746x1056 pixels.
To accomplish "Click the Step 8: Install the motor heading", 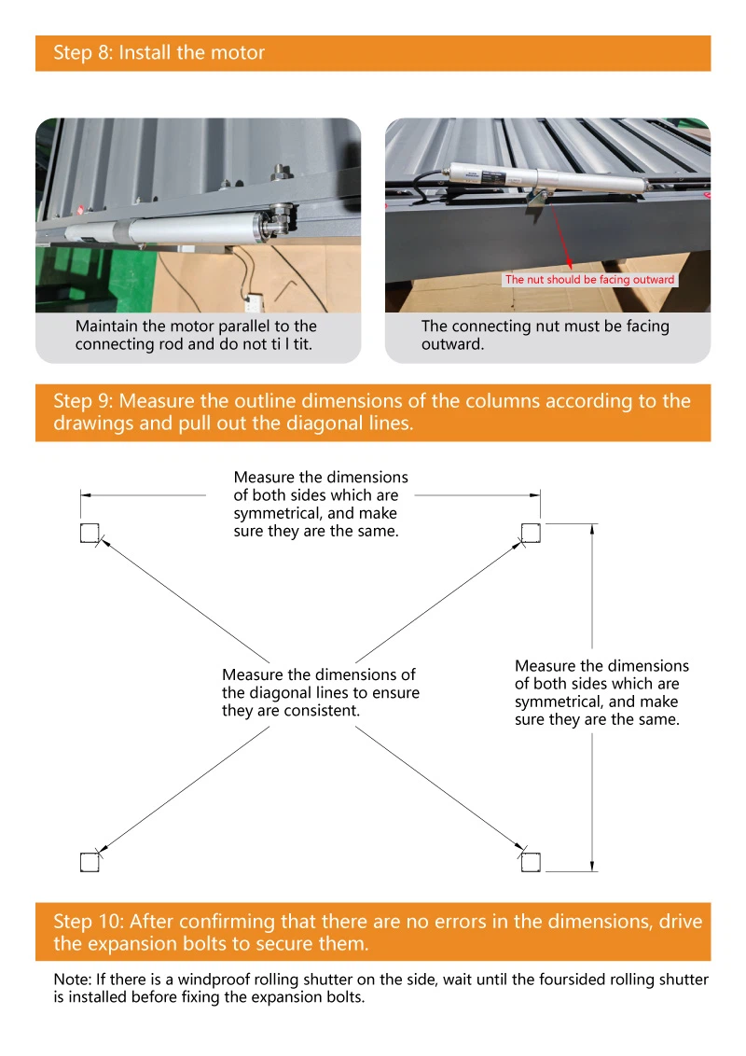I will tap(159, 53).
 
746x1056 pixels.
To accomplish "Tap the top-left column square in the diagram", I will tap(89, 533).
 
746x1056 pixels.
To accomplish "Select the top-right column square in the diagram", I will tap(531, 533).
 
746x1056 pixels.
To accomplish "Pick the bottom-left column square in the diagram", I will tap(89, 863).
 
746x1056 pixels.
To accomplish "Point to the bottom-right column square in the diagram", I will tap(531, 863).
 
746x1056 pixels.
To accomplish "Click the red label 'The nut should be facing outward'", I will tap(590, 280).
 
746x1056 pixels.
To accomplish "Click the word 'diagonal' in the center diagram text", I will tap(277, 693).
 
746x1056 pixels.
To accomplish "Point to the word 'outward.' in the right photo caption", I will tap(452, 344).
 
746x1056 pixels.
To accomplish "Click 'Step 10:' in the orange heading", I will tap(88, 922).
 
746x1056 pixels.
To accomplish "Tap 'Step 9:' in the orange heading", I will tap(83, 401).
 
